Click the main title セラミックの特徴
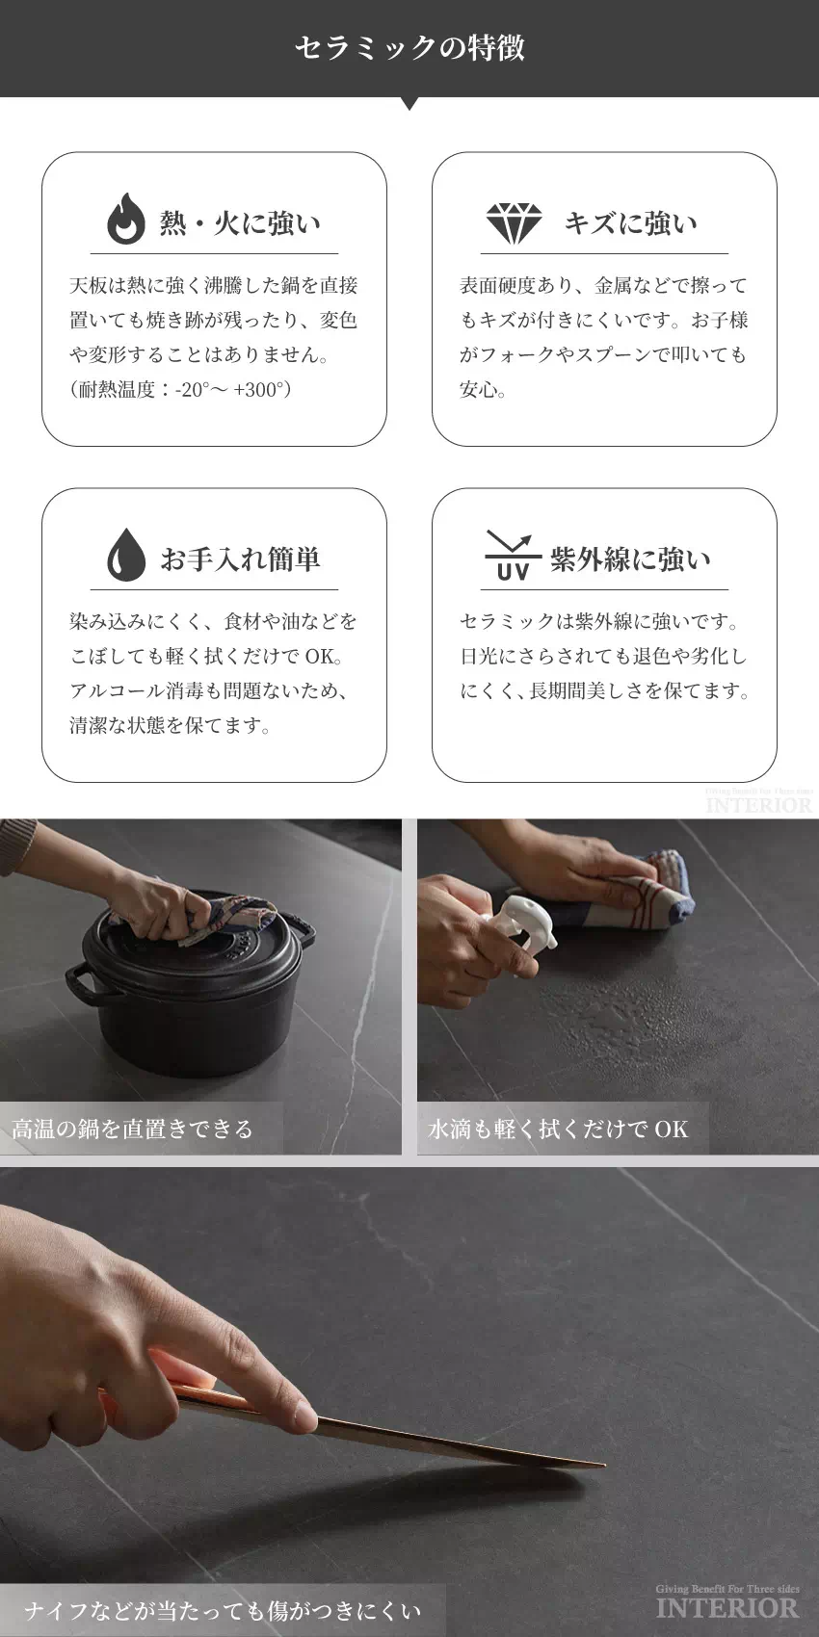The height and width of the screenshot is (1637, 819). (409, 48)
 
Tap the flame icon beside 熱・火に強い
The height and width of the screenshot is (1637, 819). (126, 219)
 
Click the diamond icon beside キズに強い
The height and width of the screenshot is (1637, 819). (515, 222)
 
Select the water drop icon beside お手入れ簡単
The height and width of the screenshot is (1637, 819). (126, 555)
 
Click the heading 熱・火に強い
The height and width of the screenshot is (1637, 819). (241, 222)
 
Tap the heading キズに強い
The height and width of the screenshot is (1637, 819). (630, 222)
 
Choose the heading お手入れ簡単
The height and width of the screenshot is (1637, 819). (241, 559)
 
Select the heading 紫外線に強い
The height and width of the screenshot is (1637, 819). (630, 559)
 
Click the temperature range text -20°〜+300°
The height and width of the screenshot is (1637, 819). (229, 390)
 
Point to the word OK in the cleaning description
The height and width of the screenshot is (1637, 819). (320, 656)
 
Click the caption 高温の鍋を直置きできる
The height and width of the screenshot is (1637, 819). (132, 1129)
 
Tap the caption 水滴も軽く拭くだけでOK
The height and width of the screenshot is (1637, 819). (558, 1129)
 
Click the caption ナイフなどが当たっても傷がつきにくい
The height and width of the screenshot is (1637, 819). (223, 1611)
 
